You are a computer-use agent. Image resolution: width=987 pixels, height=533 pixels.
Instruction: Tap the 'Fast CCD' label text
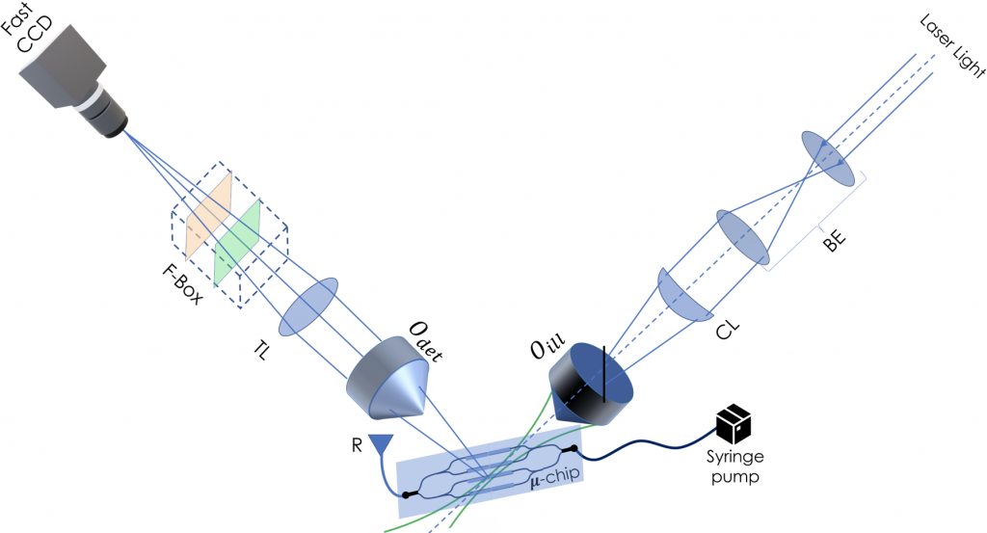(35, 35)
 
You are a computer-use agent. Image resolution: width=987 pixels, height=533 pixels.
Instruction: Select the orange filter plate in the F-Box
(205, 219)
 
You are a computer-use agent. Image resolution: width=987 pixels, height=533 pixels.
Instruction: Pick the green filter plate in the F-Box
(237, 241)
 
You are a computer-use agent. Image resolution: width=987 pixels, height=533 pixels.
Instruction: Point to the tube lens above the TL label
(310, 306)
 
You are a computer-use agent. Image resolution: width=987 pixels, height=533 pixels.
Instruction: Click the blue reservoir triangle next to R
(383, 443)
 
